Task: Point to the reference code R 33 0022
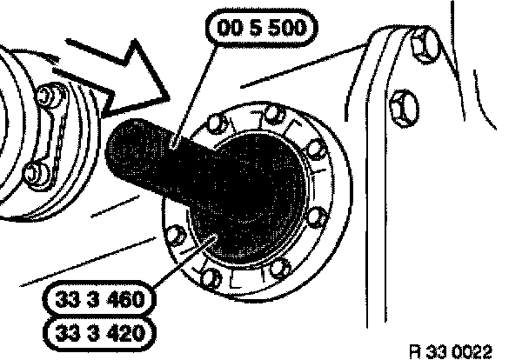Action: (454, 351)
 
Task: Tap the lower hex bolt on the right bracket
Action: (403, 108)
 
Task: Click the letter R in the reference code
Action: (419, 351)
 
